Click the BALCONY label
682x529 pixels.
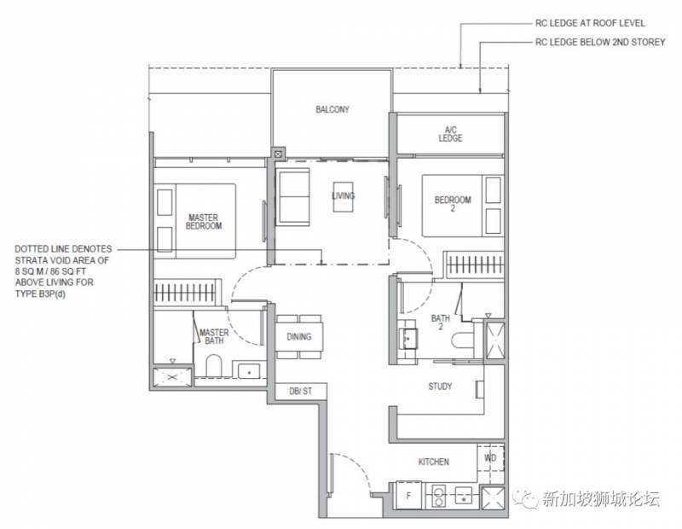point(332,109)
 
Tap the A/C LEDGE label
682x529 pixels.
point(450,134)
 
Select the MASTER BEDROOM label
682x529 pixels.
point(204,221)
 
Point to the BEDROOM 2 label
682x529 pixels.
point(453,204)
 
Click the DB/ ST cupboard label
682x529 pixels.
point(301,391)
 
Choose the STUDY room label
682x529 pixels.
point(440,387)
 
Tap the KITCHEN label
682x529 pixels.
point(434,462)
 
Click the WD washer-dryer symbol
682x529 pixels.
point(490,457)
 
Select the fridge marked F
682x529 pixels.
point(408,495)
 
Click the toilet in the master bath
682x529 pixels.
point(214,366)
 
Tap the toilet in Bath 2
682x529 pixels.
point(462,340)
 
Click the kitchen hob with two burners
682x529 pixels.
point(439,497)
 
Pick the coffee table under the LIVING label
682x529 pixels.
point(344,197)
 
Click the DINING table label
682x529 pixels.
point(299,336)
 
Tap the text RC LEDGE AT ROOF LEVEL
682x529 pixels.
point(590,23)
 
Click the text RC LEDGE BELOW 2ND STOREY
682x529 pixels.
point(600,42)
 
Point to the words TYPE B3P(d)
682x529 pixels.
point(40,294)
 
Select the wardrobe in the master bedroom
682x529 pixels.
point(184,292)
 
